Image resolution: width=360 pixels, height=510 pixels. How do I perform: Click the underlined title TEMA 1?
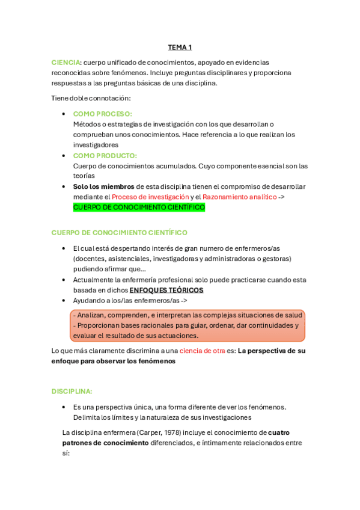pos(180,47)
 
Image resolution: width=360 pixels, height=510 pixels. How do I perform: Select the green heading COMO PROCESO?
pos(102,114)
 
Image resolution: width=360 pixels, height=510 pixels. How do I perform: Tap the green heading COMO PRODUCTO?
pos(105,155)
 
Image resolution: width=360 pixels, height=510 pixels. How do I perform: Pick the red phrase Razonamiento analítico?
pos(239,197)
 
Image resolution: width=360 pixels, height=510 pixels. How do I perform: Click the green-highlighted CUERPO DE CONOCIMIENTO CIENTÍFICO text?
pos(139,207)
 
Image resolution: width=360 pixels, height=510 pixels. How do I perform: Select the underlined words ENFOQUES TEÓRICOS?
pos(166,290)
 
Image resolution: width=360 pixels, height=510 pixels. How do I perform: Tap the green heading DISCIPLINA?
pos(72,392)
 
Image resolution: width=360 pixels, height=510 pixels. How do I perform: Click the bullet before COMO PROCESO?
pos(64,114)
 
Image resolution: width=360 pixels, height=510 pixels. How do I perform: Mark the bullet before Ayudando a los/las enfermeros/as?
pos(64,300)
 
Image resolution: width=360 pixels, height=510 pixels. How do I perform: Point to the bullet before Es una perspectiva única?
pos(64,407)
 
